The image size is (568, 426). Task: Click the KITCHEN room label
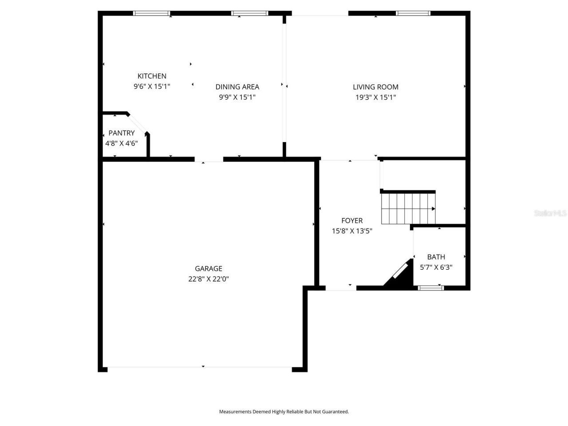click(x=152, y=76)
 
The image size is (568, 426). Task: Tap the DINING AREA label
click(x=237, y=87)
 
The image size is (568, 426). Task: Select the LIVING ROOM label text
click(x=375, y=87)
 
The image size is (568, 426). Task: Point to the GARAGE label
click(x=209, y=268)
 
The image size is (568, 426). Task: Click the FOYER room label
click(x=352, y=221)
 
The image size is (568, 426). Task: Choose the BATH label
click(x=436, y=257)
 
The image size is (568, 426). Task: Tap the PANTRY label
click(x=122, y=133)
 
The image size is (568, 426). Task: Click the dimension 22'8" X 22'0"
click(x=209, y=279)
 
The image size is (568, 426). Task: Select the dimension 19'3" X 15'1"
click(x=375, y=98)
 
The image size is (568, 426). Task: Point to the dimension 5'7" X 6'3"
click(x=436, y=268)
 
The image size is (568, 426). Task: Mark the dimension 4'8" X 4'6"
click(x=122, y=143)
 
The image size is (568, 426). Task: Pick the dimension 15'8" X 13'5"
click(x=352, y=231)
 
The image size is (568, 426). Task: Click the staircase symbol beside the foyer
click(x=408, y=208)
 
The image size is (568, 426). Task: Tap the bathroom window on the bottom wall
click(x=431, y=288)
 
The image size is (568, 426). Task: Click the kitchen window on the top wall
click(x=152, y=13)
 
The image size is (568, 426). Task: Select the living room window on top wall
click(x=413, y=13)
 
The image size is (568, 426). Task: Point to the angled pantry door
click(x=137, y=123)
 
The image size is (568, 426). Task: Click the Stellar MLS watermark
click(x=550, y=213)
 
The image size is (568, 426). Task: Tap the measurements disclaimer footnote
click(x=284, y=412)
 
